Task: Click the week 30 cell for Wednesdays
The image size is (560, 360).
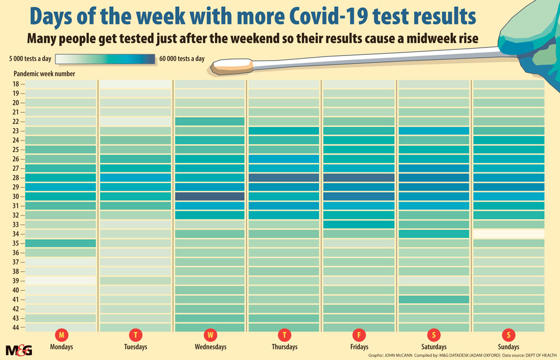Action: click(209, 197)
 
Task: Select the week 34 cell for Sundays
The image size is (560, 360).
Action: click(508, 234)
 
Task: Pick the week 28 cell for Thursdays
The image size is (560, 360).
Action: click(283, 177)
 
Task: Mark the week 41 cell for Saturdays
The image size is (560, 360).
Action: click(433, 300)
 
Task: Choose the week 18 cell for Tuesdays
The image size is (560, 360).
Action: click(135, 84)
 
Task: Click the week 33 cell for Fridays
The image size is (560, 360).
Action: click(358, 225)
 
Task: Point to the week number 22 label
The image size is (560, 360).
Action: click(16, 121)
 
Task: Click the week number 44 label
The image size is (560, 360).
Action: click(16, 328)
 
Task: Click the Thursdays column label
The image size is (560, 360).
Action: click(285, 347)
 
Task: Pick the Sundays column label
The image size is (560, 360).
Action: click(508, 347)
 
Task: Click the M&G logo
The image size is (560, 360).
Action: click(19, 349)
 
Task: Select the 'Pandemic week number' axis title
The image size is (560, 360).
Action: click(44, 73)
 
